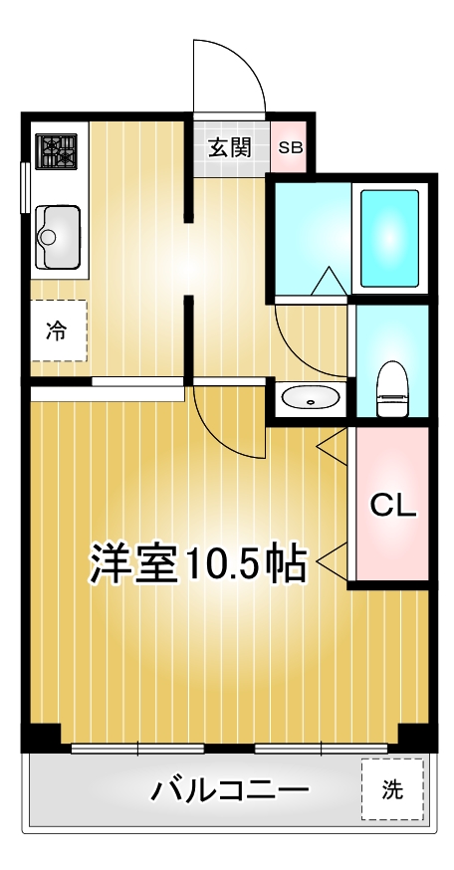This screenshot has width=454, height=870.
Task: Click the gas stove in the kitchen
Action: pyautogui.click(x=57, y=152)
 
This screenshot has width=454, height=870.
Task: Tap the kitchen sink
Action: pyautogui.click(x=57, y=235)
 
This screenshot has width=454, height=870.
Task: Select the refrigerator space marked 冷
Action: pyautogui.click(x=57, y=331)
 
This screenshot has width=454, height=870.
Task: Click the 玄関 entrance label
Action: pyautogui.click(x=229, y=148)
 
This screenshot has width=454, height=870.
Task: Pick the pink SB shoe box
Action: pyautogui.click(x=291, y=148)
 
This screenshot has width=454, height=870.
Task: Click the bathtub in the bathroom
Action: pyautogui.click(x=388, y=237)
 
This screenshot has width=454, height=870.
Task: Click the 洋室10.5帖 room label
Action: pyautogui.click(x=197, y=563)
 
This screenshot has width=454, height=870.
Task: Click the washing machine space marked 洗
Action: pyautogui.click(x=392, y=790)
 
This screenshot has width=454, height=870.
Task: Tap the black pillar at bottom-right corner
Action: pyautogui.click(x=414, y=738)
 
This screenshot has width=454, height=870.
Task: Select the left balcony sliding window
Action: pyautogui.click(x=123, y=748)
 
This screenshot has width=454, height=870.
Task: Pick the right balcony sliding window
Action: pyautogui.click(x=321, y=748)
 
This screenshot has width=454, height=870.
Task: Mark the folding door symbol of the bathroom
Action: pyautogui.click(x=328, y=282)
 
